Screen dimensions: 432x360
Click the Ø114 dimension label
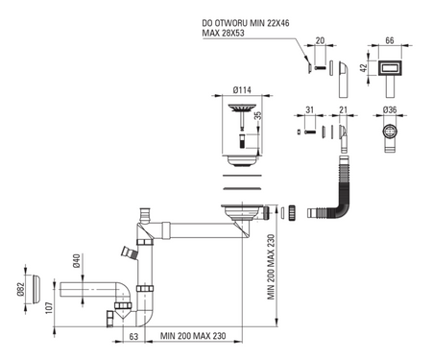pos(242,90)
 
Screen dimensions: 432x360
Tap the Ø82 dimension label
pos(21,290)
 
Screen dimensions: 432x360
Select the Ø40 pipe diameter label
pos(76,261)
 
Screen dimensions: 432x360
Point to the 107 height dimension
pos(49,307)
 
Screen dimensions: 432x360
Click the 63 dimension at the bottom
pos(133,336)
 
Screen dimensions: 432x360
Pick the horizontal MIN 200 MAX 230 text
pos(193,336)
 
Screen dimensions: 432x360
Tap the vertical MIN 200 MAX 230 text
pos(271,267)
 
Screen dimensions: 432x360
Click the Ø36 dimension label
pos(390,109)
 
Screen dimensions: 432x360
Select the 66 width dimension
pos(390,40)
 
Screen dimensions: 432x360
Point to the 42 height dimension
pos(363,68)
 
